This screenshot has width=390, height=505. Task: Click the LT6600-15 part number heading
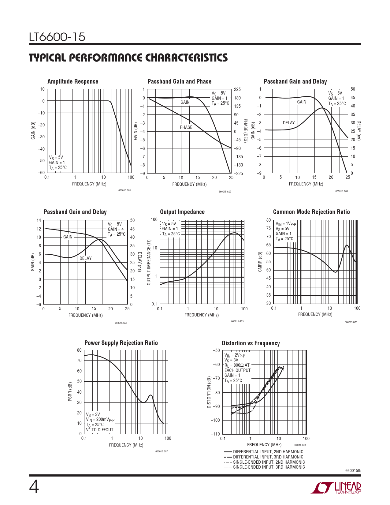click(x=57, y=37)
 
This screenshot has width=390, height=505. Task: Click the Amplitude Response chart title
click(x=73, y=81)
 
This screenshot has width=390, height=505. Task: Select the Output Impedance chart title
click(x=182, y=212)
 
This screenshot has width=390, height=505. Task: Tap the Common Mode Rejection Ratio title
click(x=311, y=212)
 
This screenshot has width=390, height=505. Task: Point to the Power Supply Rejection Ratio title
click(x=121, y=343)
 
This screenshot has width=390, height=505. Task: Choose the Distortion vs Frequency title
click(x=251, y=343)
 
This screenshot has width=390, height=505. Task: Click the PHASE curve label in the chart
click(x=186, y=127)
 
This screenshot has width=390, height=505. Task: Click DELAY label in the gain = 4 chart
click(x=85, y=258)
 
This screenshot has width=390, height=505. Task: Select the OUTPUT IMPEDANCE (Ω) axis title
click(x=149, y=262)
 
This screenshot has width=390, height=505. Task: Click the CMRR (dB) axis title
click(x=260, y=262)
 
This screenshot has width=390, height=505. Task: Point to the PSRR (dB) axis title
click(x=70, y=391)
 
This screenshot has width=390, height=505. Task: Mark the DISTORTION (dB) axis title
click(x=209, y=392)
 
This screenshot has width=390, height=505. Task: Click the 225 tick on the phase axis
click(x=237, y=89)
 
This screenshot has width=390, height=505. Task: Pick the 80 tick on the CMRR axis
click(x=268, y=220)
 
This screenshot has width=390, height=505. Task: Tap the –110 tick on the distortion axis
click(x=215, y=434)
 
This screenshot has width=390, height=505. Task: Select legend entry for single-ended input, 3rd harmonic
click(x=269, y=467)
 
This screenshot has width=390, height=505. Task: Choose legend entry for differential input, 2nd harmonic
click(x=268, y=452)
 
